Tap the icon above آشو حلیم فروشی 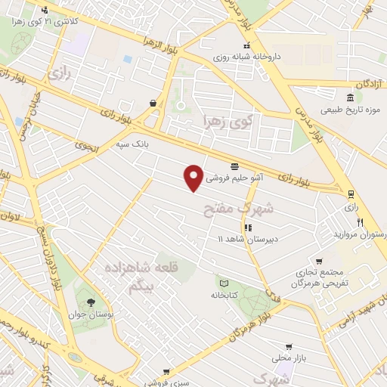coord(234,166)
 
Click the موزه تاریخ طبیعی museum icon coord(349,99)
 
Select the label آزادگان coord(362,83)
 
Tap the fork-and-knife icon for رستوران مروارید coord(361,223)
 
